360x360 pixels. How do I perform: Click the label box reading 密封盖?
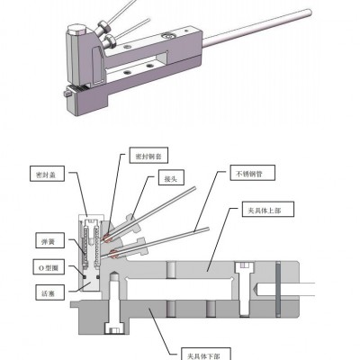[47, 174]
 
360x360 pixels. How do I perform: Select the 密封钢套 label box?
[148, 156]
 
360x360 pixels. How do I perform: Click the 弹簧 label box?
[49, 240]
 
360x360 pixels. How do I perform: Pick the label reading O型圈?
[49, 266]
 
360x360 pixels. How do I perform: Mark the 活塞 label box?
[49, 292]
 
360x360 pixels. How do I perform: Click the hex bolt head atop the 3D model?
[76, 29]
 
